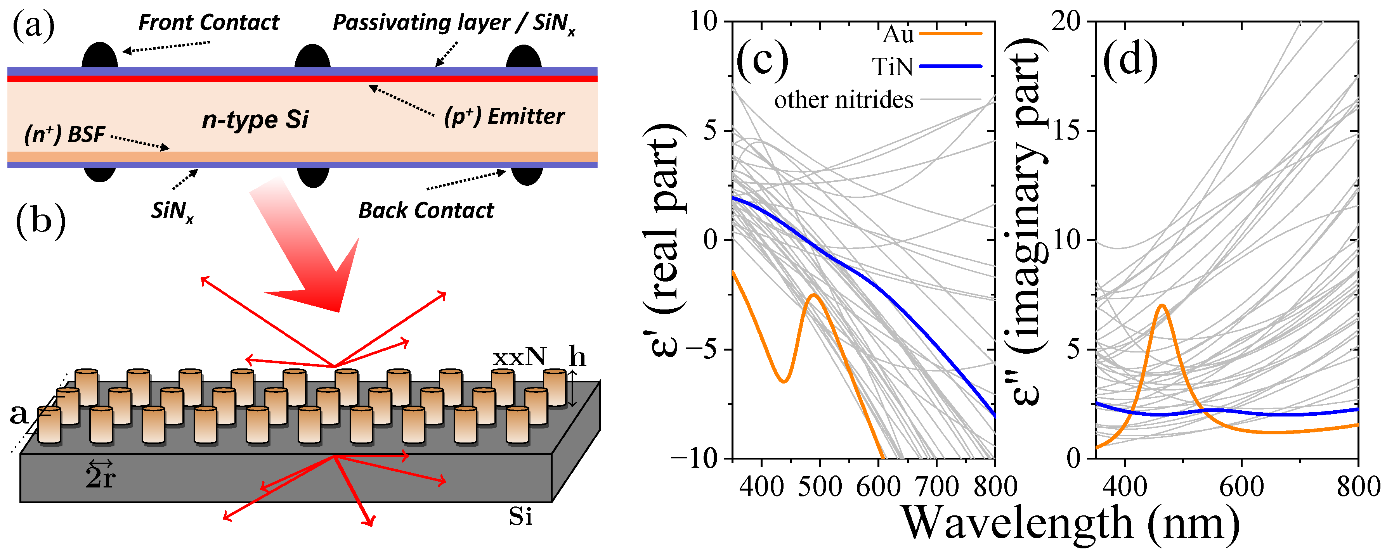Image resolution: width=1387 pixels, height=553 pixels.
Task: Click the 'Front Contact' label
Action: [208, 22]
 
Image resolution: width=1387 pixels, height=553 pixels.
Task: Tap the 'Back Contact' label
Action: [425, 210]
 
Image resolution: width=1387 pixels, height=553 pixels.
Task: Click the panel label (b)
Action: [40, 221]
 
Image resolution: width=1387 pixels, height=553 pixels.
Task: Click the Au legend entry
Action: [898, 35]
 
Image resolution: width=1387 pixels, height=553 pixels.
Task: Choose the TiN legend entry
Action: [893, 67]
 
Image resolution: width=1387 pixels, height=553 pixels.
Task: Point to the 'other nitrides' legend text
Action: [844, 100]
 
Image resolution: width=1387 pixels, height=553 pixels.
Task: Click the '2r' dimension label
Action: [101, 475]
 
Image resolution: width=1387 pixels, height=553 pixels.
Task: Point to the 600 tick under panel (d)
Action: [1241, 487]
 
